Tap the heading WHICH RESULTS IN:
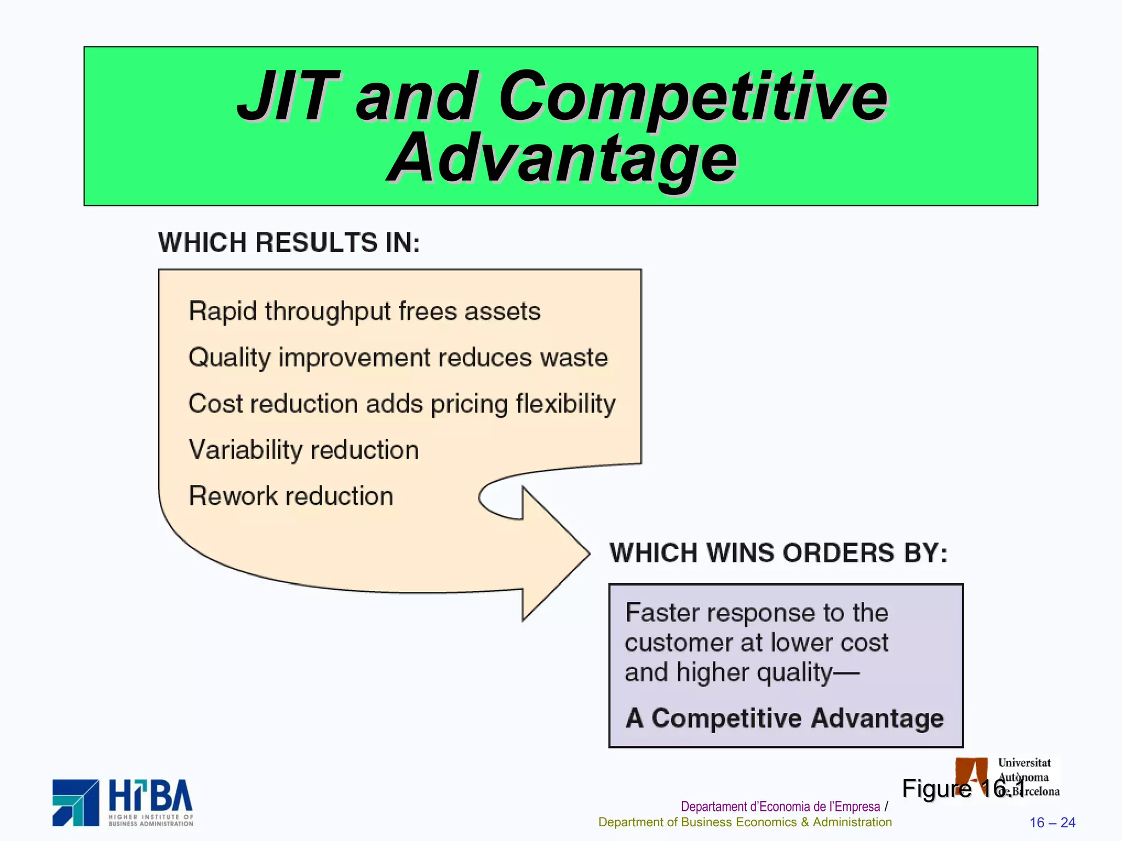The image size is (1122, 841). click(289, 243)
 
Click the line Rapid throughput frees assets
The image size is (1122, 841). click(364, 312)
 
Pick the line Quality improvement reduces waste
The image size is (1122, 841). click(398, 358)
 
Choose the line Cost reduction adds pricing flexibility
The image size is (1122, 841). click(402, 404)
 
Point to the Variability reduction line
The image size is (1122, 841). click(304, 450)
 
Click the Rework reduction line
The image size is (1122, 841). click(291, 496)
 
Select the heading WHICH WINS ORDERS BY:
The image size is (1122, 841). click(778, 553)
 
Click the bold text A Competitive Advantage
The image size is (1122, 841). click(785, 718)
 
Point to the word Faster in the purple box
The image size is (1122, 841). click(662, 613)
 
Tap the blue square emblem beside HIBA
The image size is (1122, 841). click(76, 803)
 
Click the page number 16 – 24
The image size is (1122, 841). click(1052, 822)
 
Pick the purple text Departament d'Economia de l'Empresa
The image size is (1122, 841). click(780, 807)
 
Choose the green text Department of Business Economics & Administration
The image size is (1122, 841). click(745, 822)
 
